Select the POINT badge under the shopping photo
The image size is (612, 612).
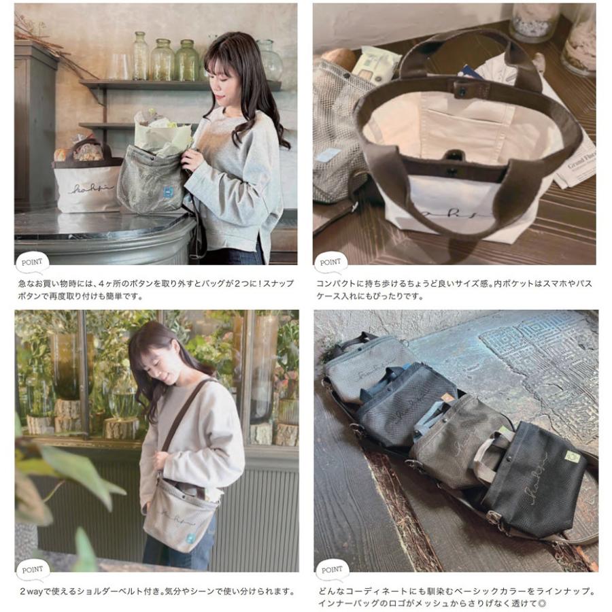(x=31, y=262)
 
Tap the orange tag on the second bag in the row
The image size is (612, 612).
(x=447, y=398)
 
